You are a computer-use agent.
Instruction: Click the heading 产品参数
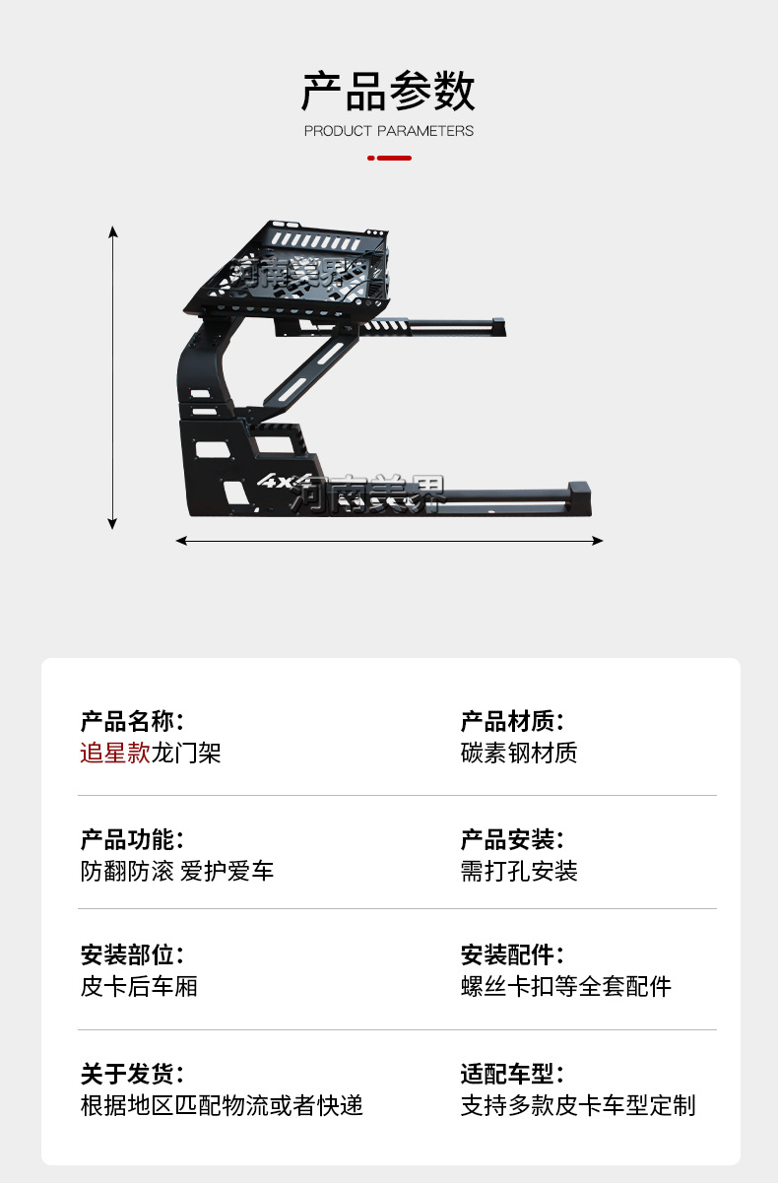click(x=388, y=92)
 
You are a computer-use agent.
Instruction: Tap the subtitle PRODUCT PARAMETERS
click(x=388, y=131)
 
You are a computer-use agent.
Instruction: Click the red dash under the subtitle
click(x=391, y=158)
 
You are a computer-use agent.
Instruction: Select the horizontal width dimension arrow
click(x=389, y=540)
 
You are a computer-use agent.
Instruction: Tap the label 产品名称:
click(x=132, y=721)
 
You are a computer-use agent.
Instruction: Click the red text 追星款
click(x=115, y=754)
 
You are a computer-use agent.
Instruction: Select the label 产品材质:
click(x=512, y=721)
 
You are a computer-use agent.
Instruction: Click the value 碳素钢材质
click(x=519, y=754)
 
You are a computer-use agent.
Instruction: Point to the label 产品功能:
click(x=132, y=840)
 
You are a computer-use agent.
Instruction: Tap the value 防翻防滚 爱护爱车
click(x=177, y=872)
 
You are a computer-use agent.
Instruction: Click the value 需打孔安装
click(x=519, y=872)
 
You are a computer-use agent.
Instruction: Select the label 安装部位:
click(x=132, y=954)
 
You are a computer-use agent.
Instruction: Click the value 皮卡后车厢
click(x=139, y=986)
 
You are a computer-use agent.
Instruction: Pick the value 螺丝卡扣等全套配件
click(x=566, y=986)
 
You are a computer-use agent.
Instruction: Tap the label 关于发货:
click(x=132, y=1074)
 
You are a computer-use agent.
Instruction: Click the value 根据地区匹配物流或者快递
click(x=222, y=1105)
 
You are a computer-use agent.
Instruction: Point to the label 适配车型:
click(x=512, y=1074)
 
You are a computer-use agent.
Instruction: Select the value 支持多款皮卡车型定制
click(x=578, y=1105)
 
